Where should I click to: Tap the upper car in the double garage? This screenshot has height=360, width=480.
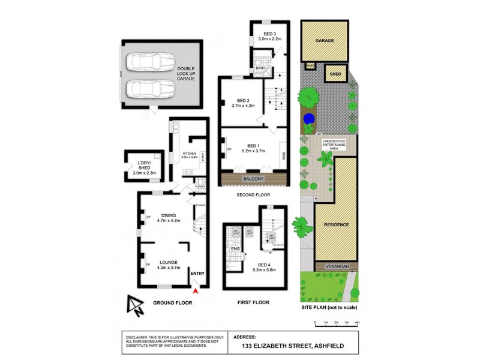point(150,62)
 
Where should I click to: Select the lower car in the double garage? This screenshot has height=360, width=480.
point(150,90)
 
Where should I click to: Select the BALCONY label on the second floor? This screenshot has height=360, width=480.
point(253,179)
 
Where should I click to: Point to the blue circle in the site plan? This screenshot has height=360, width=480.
point(308,118)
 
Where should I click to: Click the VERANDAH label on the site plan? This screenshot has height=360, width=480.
point(335,266)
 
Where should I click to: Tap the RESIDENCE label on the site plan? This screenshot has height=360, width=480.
point(335,224)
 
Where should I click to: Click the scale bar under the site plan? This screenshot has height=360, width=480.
point(336,324)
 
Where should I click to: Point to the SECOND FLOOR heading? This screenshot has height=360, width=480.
point(253,195)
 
